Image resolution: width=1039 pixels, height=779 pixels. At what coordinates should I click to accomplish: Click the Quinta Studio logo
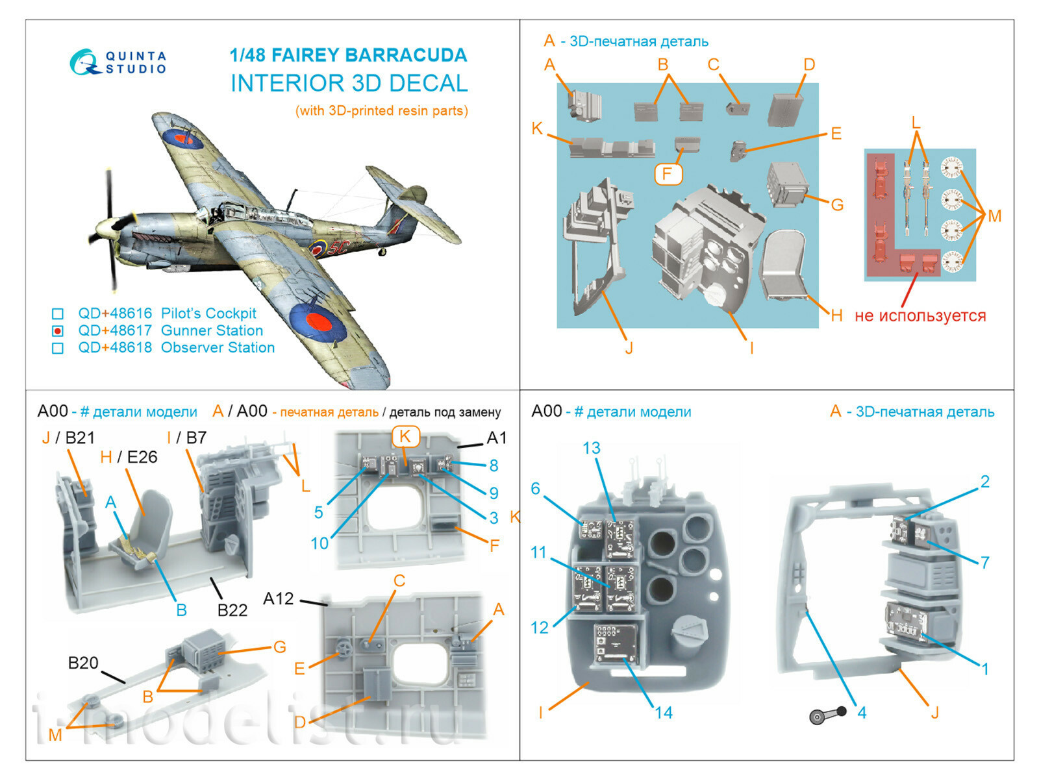pyautogui.click(x=118, y=63)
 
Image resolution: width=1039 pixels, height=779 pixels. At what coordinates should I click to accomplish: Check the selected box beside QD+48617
pyautogui.click(x=58, y=331)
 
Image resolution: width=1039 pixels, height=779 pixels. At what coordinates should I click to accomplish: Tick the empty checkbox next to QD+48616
pyautogui.click(x=58, y=314)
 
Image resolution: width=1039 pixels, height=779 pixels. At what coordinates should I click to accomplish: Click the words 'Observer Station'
pyautogui.click(x=218, y=348)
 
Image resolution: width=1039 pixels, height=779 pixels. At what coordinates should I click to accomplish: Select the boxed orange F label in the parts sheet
pyautogui.click(x=667, y=174)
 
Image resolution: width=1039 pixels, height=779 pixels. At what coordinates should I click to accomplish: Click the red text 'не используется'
pyautogui.click(x=920, y=316)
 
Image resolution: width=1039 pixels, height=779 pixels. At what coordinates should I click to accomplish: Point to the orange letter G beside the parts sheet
pyautogui.click(x=837, y=205)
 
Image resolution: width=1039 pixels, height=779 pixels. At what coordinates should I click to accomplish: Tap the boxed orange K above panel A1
pyautogui.click(x=405, y=436)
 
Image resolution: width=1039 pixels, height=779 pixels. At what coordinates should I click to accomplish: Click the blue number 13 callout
pyautogui.click(x=591, y=448)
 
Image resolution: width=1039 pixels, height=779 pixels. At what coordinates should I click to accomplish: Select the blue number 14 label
pyautogui.click(x=663, y=713)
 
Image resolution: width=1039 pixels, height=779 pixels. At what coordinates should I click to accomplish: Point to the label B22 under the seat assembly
pyautogui.click(x=232, y=610)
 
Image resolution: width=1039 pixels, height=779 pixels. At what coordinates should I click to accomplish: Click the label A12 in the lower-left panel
pyautogui.click(x=278, y=599)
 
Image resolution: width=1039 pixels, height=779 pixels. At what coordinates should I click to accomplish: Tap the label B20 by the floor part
pyautogui.click(x=83, y=663)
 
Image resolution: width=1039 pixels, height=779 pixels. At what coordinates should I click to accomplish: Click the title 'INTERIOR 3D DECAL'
pyautogui.click(x=349, y=84)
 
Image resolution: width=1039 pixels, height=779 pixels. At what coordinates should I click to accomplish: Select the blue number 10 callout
pyautogui.click(x=319, y=543)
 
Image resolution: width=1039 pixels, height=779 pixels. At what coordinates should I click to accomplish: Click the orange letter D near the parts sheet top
pyautogui.click(x=808, y=65)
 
